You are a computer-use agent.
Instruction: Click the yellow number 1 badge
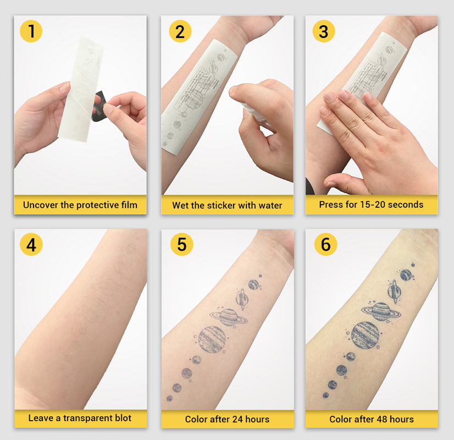point(31,31)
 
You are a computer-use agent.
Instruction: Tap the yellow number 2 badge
point(180,31)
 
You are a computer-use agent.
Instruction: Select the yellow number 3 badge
point(324,31)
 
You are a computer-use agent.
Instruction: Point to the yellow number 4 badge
point(31,244)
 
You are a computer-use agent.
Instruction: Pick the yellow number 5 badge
point(181,244)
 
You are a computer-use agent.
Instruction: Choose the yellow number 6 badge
point(326,244)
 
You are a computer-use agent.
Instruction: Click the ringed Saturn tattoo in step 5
point(229,317)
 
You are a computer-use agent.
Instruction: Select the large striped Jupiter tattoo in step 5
point(212,339)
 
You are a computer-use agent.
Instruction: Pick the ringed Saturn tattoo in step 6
point(381,311)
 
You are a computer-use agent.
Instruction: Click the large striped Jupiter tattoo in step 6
point(366,335)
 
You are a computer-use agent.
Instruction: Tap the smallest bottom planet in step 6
point(326,395)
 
